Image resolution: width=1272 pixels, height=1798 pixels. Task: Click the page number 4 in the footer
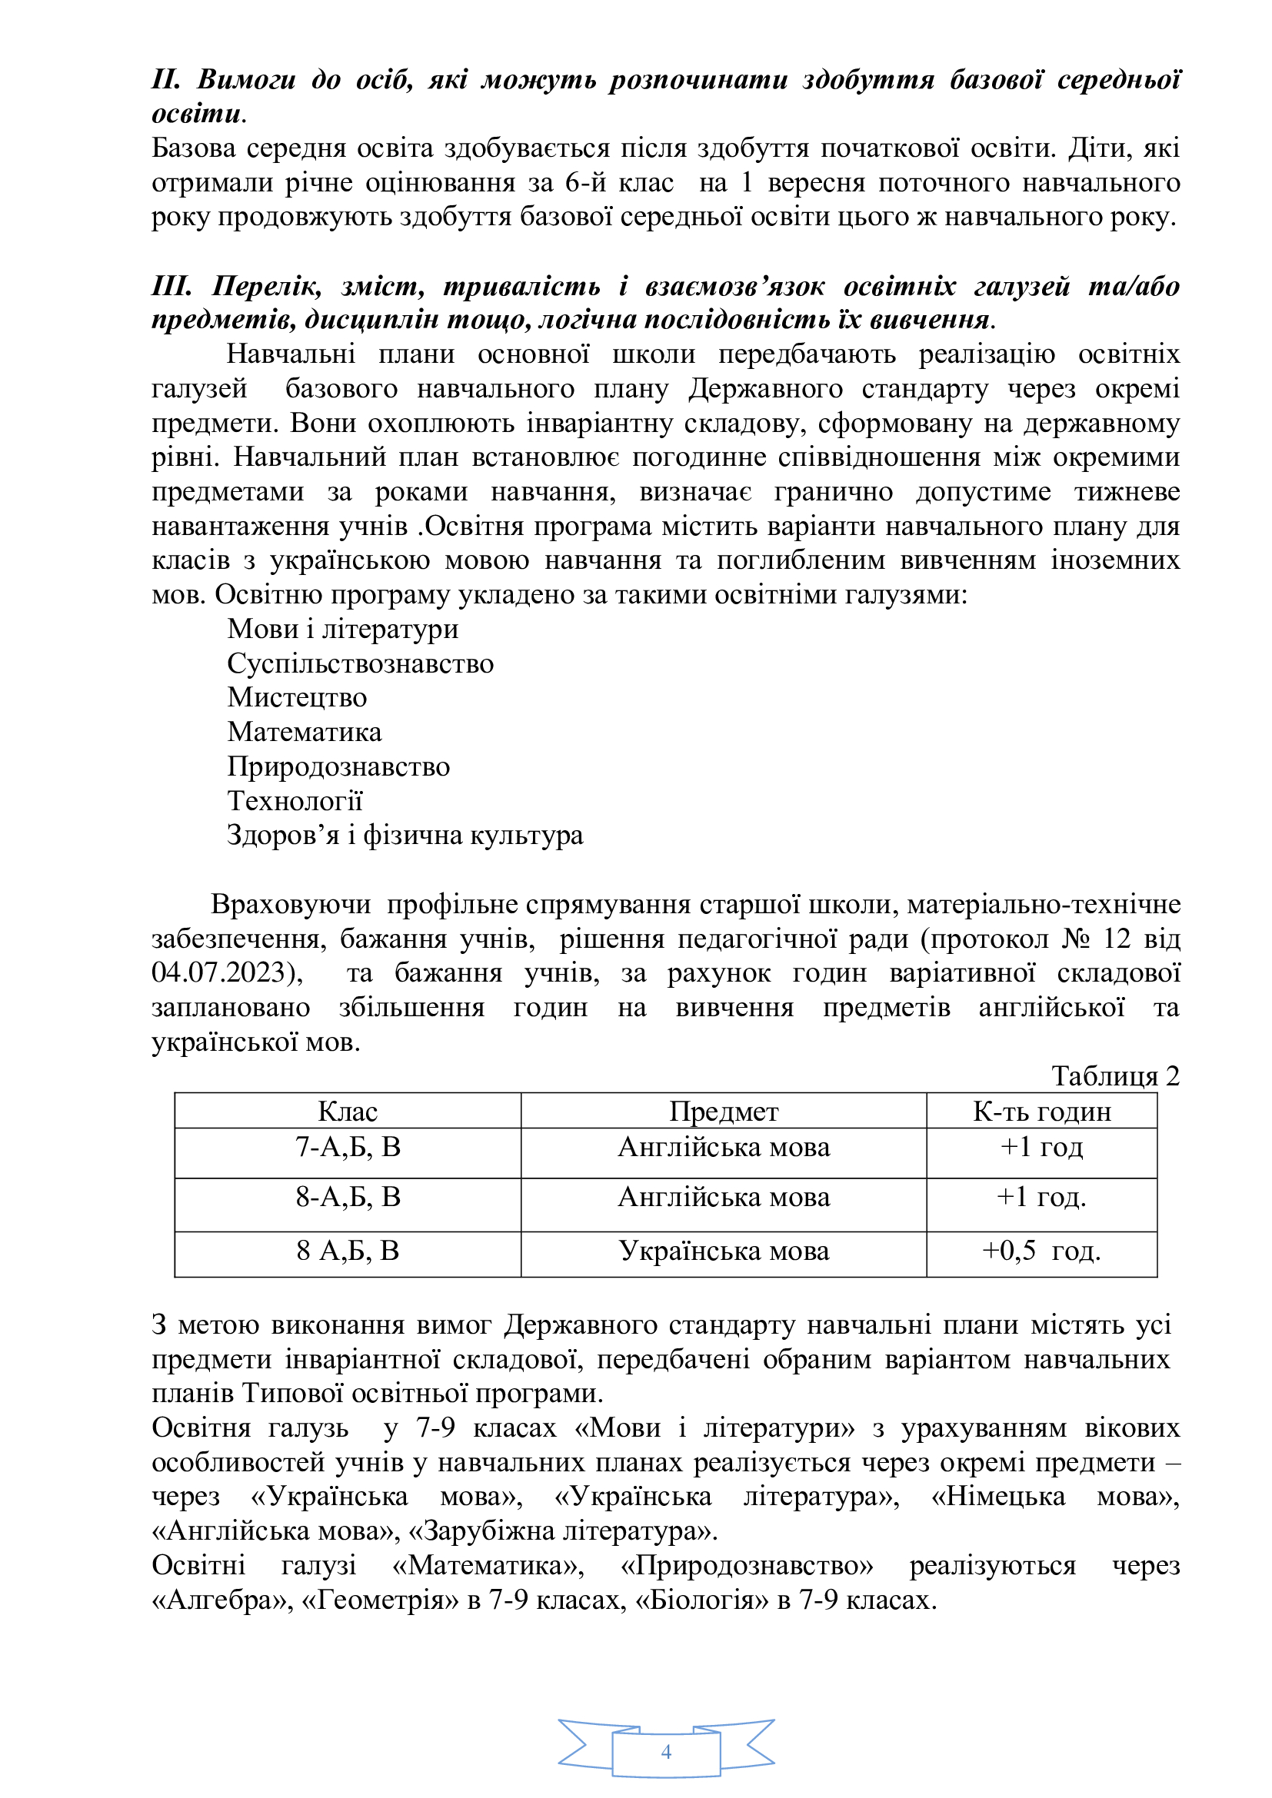coord(666,1751)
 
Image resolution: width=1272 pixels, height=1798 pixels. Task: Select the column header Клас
coord(347,1112)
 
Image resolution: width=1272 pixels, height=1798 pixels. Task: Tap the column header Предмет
coord(723,1112)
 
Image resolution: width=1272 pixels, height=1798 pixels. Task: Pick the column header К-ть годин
coord(1042,1112)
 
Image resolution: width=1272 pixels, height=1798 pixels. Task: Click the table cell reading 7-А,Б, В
coord(348,1147)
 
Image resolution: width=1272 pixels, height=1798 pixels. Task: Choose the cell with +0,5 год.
coord(1042,1251)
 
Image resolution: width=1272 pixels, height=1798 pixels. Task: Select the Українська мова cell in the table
coord(723,1251)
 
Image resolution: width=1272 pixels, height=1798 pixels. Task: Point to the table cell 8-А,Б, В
coord(348,1198)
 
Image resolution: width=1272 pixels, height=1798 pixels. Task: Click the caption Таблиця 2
coord(1114,1076)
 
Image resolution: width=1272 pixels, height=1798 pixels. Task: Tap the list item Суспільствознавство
coord(360,663)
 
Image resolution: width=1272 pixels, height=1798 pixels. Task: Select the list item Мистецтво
coord(297,697)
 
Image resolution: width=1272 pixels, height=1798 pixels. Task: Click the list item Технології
coord(295,800)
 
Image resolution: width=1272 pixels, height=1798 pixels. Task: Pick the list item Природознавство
coord(338,766)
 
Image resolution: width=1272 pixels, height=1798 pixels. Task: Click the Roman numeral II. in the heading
coord(165,79)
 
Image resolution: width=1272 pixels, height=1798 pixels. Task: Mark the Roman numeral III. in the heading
coord(171,286)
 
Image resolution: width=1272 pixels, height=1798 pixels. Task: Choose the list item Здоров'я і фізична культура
coord(405,835)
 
